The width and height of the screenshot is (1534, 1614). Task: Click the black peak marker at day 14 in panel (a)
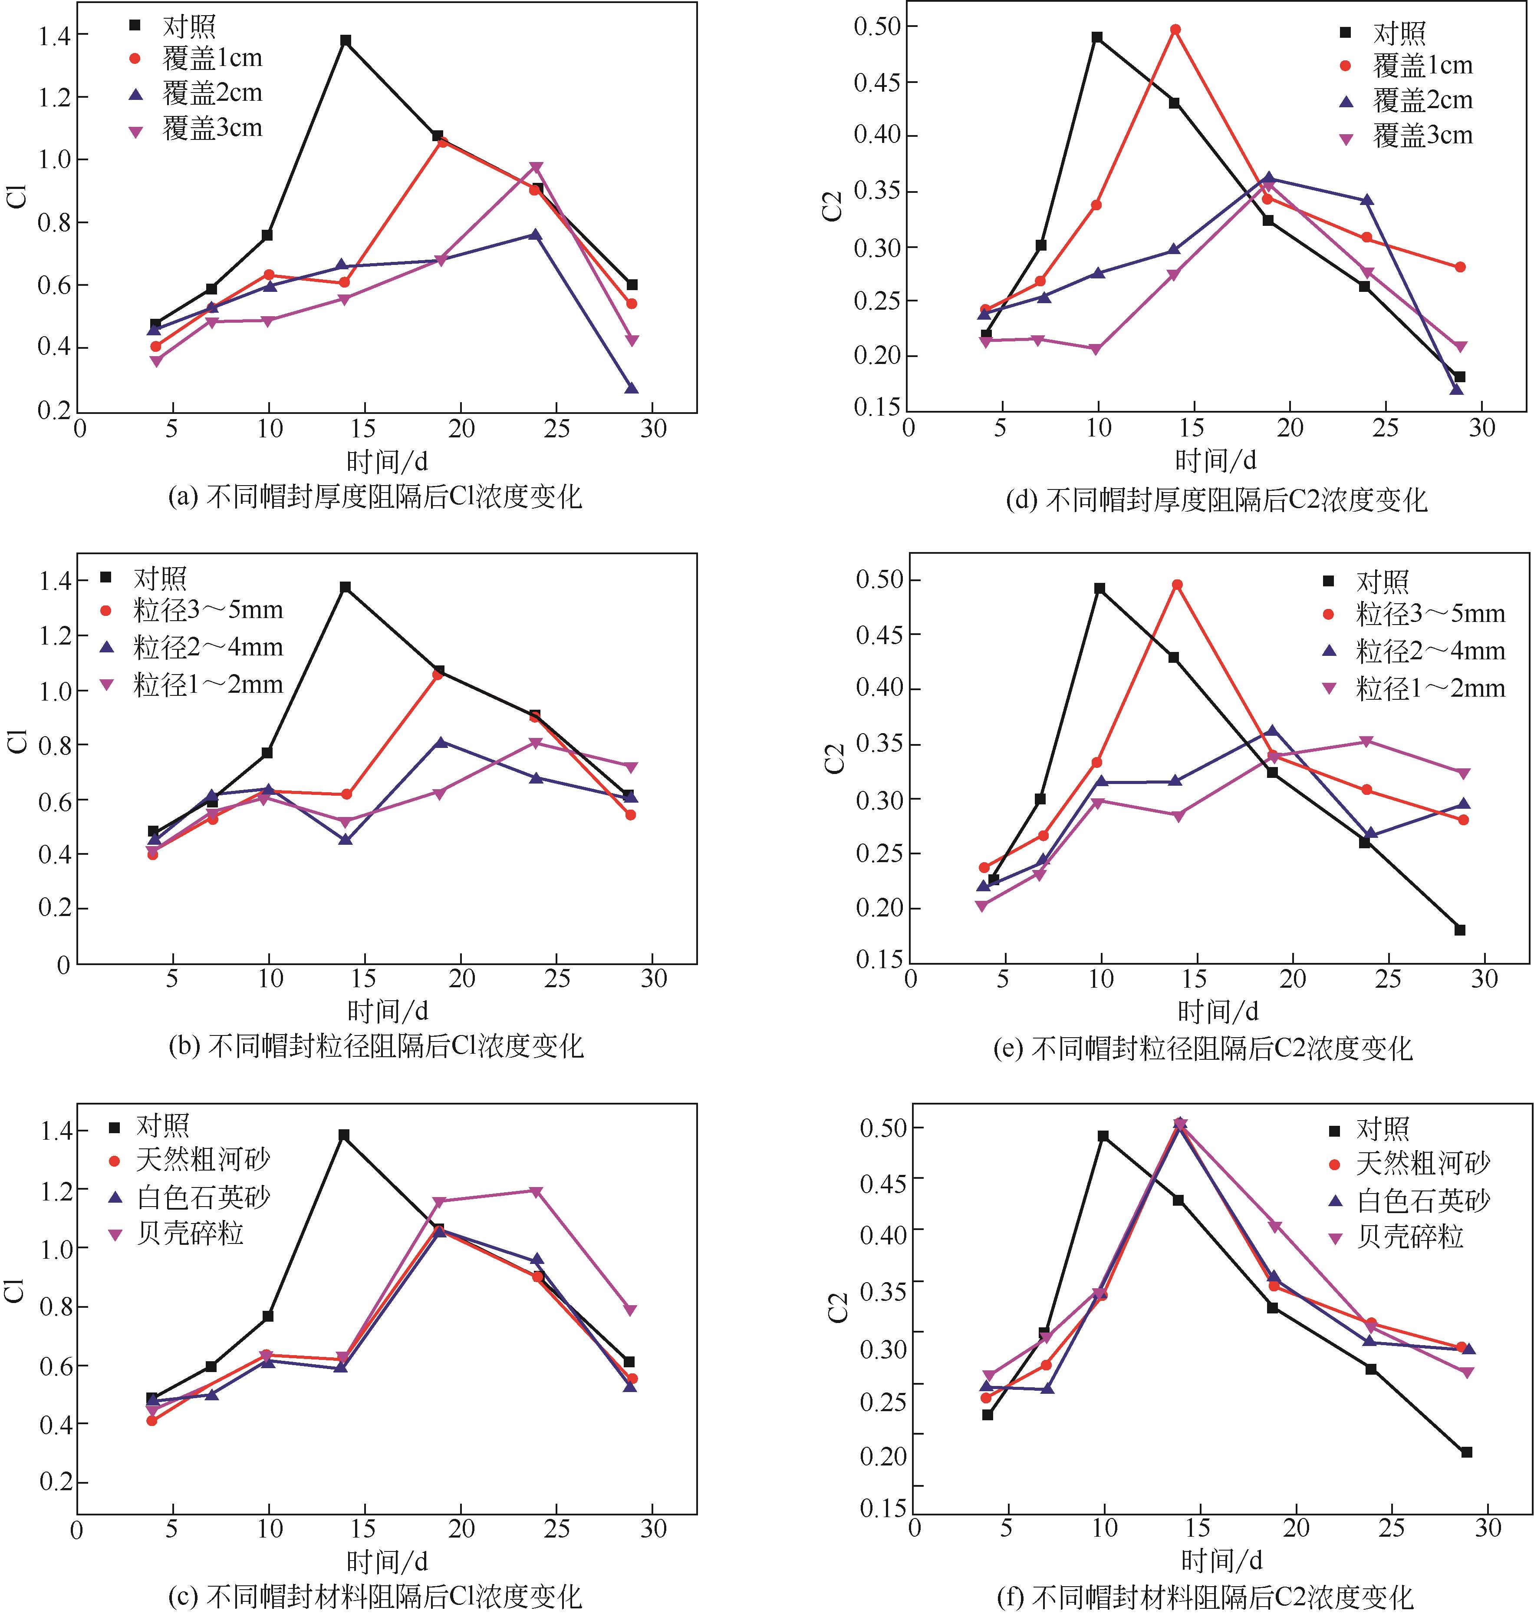pyautogui.click(x=346, y=40)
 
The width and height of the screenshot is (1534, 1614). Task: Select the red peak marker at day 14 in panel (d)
pyautogui.click(x=1175, y=30)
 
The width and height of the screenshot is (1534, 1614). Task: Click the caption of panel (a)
pyautogui.click(x=375, y=496)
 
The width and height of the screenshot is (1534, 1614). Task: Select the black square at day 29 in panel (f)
pyautogui.click(x=1466, y=1452)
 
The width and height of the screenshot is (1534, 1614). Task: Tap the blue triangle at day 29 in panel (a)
pyautogui.click(x=631, y=389)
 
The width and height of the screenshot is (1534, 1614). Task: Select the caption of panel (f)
pyautogui.click(x=1205, y=1596)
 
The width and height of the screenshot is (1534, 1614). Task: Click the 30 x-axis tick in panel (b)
pyautogui.click(x=653, y=979)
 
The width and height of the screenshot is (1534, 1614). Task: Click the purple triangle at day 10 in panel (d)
pyautogui.click(x=1096, y=349)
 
